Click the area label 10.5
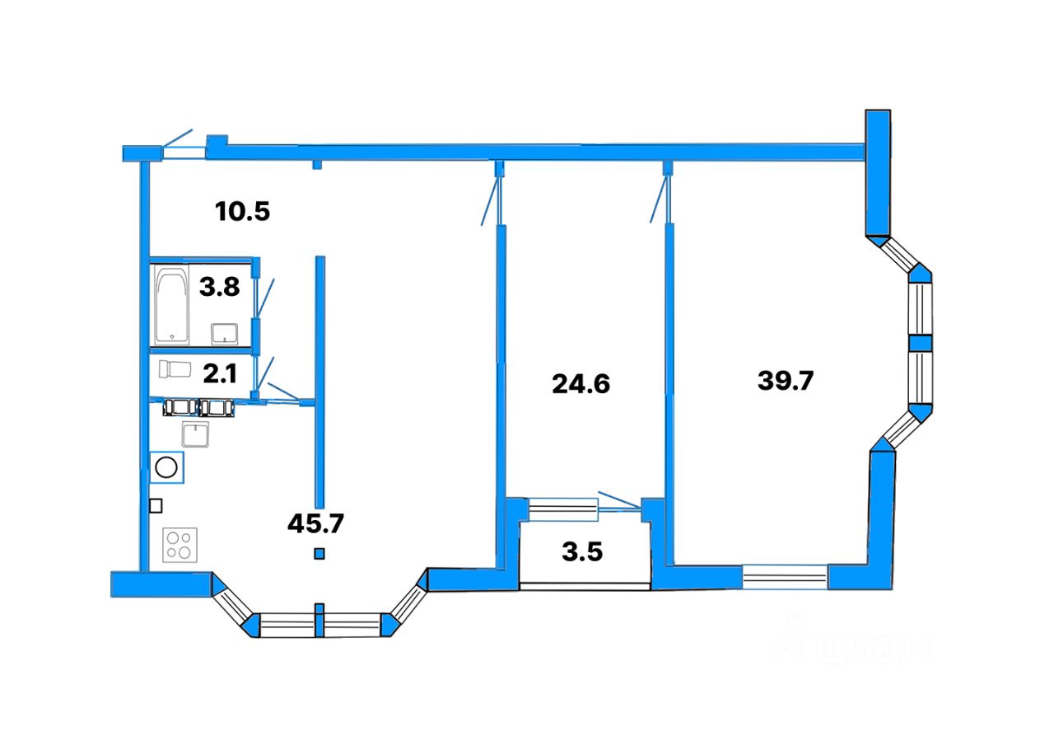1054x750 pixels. (242, 212)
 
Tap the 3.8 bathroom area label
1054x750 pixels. (220, 288)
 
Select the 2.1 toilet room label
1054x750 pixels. (220, 374)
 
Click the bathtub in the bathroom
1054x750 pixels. (172, 304)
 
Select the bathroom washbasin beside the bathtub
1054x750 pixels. (225, 333)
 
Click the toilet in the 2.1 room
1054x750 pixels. (172, 368)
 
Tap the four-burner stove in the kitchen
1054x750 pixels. (180, 545)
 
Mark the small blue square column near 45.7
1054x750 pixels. (319, 554)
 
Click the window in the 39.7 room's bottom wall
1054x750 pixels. (785, 576)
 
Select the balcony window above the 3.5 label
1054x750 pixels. (562, 509)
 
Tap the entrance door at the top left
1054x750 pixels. (183, 147)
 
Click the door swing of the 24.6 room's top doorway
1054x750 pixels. (491, 201)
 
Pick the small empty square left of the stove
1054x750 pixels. (156, 506)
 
